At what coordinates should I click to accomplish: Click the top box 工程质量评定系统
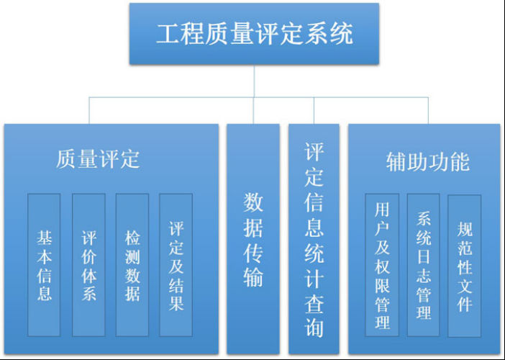[254, 33]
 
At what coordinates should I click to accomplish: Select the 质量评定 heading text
[98, 159]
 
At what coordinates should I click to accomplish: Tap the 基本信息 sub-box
[44, 264]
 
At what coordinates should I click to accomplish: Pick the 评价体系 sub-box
[88, 264]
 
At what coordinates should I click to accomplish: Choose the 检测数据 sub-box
[132, 264]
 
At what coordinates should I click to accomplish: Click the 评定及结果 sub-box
[176, 264]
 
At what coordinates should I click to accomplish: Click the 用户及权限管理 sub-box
[382, 264]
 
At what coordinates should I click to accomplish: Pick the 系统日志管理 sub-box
[423, 264]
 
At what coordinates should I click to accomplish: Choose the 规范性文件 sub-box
[465, 264]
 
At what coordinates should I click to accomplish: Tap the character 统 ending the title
[341, 34]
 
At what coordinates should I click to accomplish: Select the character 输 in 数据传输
[253, 277]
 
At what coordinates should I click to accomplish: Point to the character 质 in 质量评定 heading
[67, 159]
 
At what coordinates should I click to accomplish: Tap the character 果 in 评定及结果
[176, 302]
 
